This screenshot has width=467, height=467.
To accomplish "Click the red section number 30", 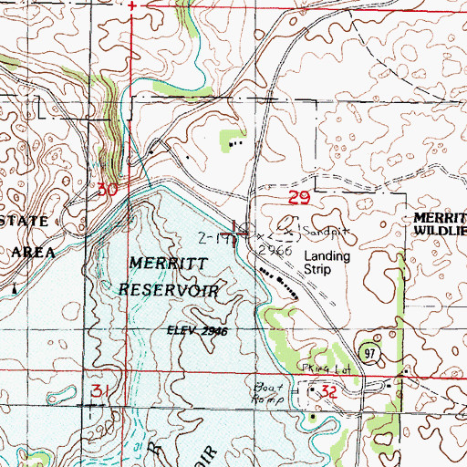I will point(107,190).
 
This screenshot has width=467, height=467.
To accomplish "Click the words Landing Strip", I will point(327,264).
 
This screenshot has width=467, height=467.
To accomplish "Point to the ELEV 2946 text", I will point(195,331).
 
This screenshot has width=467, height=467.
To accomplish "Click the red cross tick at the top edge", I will point(132,5).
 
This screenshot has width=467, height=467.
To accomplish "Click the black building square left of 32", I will point(311,390).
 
